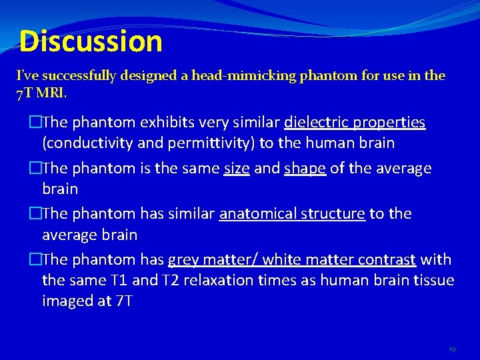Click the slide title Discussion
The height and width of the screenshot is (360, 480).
91,41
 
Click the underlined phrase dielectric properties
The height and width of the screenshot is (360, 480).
355,123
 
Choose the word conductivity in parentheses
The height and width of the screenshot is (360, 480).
87,143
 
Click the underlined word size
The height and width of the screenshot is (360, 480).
237,168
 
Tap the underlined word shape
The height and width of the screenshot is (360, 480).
305,168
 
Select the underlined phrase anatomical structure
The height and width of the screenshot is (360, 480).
292,214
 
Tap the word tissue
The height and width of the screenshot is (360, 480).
433,280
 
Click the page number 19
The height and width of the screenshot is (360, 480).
453,348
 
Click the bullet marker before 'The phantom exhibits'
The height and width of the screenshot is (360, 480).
35,123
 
